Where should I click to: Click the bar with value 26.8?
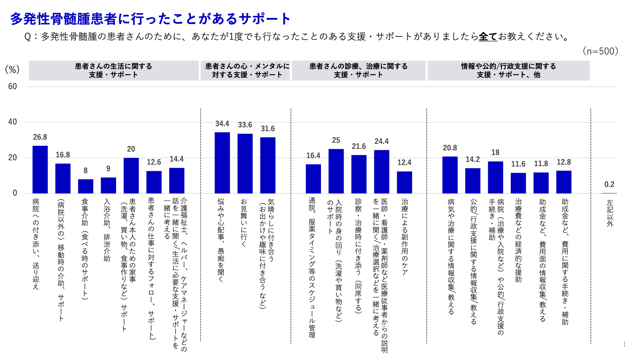tap(40, 169)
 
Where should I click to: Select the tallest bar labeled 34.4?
tap(222, 163)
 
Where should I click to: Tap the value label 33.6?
tap(245, 125)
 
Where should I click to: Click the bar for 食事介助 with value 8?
tap(85, 186)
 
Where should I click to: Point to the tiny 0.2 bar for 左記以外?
tap(609, 193)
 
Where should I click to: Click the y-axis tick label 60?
tap(13, 87)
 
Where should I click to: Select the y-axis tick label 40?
tap(13, 122)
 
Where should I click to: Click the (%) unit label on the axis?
tap(12, 70)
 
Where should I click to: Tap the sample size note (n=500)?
tap(600, 51)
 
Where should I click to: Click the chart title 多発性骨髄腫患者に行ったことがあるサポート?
tap(150, 18)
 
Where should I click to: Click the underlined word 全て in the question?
tap(488, 37)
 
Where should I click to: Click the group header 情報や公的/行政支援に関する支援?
tap(508, 70)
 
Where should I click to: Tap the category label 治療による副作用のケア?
tap(404, 237)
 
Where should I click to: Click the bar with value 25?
tap(336, 171)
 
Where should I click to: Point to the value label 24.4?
tap(381, 142)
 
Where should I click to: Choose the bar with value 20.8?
tap(450, 175)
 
